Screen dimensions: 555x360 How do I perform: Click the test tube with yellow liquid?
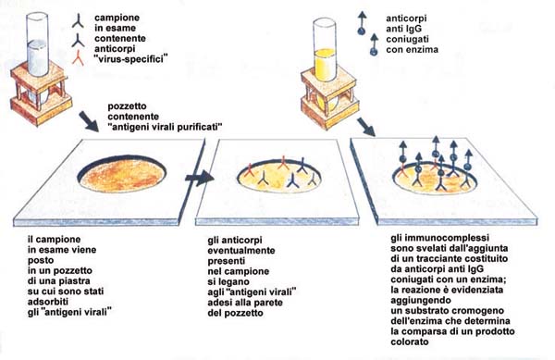[325, 50]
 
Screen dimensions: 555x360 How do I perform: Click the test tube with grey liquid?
[37, 44]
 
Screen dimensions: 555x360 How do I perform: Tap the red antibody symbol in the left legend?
[78, 59]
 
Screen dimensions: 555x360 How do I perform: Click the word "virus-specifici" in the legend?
[131, 59]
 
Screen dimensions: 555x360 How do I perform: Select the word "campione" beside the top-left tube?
[117, 18]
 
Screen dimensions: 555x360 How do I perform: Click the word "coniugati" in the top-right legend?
[407, 39]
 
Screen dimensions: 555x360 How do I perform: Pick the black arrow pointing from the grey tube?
[89, 121]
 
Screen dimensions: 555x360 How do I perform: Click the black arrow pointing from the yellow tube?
[366, 127]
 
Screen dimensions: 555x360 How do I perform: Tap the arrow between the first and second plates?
[199, 178]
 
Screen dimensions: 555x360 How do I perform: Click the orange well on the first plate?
[122, 175]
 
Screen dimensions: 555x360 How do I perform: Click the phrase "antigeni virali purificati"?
[165, 127]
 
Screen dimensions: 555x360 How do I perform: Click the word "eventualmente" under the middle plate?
[241, 251]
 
